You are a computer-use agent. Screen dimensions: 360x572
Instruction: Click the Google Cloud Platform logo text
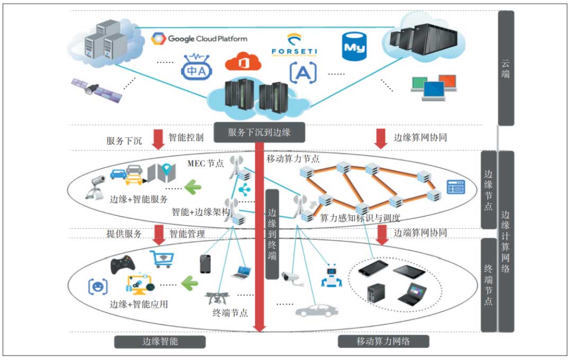click(x=207, y=39)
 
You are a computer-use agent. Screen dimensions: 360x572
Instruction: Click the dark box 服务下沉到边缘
click(x=260, y=132)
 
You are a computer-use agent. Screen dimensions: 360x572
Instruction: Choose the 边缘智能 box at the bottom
click(x=160, y=341)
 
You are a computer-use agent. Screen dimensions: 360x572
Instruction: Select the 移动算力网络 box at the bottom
click(x=383, y=341)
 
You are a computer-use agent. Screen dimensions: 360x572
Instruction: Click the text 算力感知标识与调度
click(x=360, y=218)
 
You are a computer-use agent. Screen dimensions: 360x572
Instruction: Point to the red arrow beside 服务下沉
click(x=158, y=139)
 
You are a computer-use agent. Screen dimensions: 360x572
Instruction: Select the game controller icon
click(x=122, y=264)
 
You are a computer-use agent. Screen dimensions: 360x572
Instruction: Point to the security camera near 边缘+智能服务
click(x=95, y=185)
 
